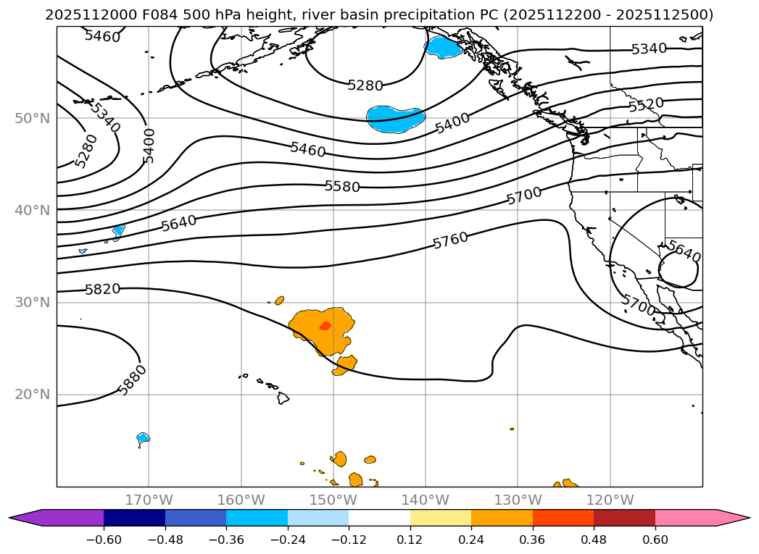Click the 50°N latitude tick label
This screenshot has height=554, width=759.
coord(32,118)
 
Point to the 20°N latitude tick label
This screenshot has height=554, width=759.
coord(32,395)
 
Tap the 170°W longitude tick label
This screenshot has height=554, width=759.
coord(149,500)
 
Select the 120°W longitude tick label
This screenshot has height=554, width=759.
coord(610,500)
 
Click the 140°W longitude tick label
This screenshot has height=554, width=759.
coord(426,500)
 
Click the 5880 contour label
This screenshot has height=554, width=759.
coord(133,379)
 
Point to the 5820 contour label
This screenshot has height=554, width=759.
coord(102,290)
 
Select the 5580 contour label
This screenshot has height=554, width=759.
coord(342,186)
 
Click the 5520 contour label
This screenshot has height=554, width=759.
coord(646,104)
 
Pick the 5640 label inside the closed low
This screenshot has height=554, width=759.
coord(684,252)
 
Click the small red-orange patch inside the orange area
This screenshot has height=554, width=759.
coord(325,326)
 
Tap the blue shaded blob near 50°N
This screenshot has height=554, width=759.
coord(395,118)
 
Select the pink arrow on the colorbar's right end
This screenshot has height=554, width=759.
coord(733,518)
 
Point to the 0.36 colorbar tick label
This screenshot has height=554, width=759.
coord(533,540)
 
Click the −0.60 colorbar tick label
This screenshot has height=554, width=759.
coord(104,540)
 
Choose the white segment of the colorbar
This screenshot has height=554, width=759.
coord(379,518)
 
